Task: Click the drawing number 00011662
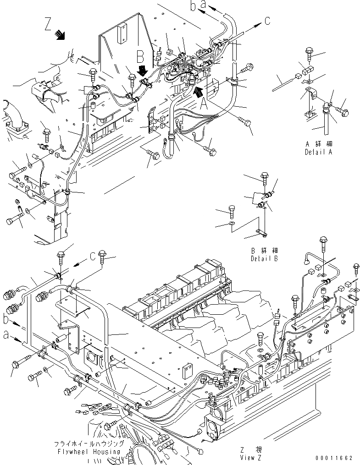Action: click(x=335, y=458)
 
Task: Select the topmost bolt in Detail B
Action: click(x=264, y=176)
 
